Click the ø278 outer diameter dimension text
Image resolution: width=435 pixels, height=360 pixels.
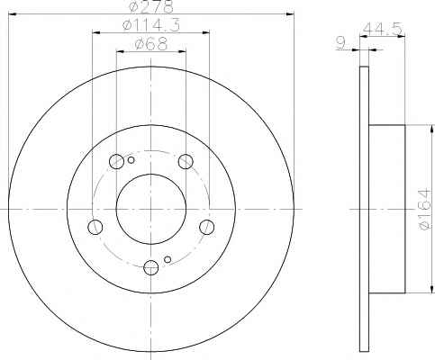pyautogui.click(x=151, y=6)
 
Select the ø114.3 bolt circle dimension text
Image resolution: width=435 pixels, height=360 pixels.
pyautogui.click(x=151, y=25)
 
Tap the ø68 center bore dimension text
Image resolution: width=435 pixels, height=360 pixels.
pyautogui.click(x=151, y=44)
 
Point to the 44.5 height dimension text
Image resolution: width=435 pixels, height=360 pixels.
pyautogui.click(x=382, y=29)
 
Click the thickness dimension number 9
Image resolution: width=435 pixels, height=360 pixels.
pyautogui.click(x=340, y=43)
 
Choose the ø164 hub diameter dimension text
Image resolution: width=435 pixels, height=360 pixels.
pyautogui.click(x=425, y=210)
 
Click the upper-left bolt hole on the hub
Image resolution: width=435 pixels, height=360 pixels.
pyautogui.click(x=116, y=161)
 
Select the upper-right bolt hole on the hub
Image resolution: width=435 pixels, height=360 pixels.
pyautogui.click(x=186, y=161)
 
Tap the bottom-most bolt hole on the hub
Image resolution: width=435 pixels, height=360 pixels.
pyautogui.click(x=151, y=267)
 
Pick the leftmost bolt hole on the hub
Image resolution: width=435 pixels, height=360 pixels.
pyautogui.click(x=95, y=227)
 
